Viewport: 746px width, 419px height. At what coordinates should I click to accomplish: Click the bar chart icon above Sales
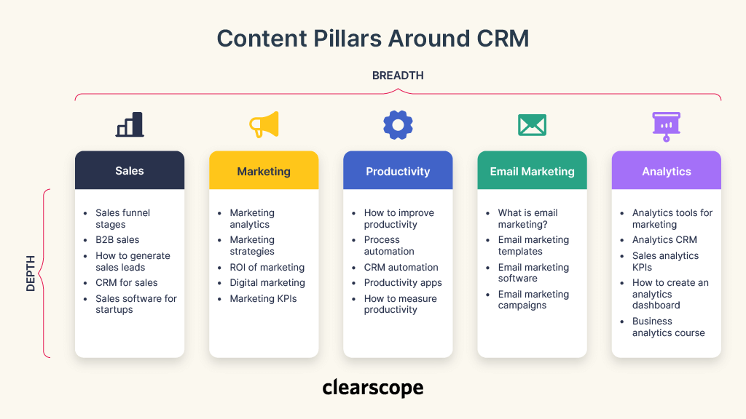[x=130, y=124]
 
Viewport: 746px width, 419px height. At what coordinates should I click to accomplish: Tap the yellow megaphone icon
[x=264, y=124]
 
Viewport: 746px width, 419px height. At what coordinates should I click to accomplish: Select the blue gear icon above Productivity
[x=398, y=124]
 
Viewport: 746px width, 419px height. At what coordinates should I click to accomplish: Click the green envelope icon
[x=532, y=125]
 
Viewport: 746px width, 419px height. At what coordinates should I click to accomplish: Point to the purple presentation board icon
[x=666, y=125]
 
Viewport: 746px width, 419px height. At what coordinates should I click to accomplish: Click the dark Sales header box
[x=130, y=171]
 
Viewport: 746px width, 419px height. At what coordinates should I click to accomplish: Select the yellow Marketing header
[x=264, y=172]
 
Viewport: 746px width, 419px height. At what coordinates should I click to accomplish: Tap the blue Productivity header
[x=398, y=172]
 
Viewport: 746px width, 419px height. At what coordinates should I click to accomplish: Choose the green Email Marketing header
[x=532, y=172]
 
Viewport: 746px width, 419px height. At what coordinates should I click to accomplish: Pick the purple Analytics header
[x=666, y=172]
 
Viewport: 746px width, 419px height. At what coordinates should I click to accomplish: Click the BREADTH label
[x=398, y=76]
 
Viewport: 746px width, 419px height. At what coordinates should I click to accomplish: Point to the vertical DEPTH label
[x=31, y=274]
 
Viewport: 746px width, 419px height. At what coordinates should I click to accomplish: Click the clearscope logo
[x=373, y=388]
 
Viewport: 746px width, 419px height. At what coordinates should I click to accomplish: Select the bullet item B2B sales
[x=117, y=240]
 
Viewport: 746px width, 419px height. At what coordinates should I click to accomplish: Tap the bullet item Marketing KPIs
[x=263, y=299]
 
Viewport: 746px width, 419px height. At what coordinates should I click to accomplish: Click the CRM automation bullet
[x=401, y=268]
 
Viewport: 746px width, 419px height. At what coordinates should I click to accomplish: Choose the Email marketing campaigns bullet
[x=533, y=300]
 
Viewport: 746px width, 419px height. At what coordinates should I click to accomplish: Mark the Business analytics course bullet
[x=668, y=327]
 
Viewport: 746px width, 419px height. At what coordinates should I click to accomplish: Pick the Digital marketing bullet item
[x=267, y=283]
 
